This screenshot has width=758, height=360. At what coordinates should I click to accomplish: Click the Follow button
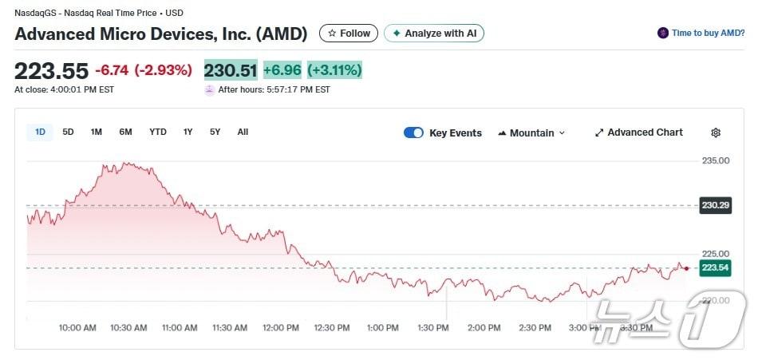(x=349, y=34)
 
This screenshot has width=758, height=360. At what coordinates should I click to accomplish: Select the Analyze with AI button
(x=434, y=34)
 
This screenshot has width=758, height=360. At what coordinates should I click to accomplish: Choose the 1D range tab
(x=39, y=132)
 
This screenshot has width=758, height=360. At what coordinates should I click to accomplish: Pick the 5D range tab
(x=68, y=132)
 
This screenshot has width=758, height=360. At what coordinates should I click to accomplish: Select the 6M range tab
(x=125, y=132)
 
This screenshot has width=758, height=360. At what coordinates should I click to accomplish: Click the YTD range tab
(x=158, y=132)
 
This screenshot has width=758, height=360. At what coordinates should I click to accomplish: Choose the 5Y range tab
(x=215, y=132)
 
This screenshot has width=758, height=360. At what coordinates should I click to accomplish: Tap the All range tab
(x=243, y=132)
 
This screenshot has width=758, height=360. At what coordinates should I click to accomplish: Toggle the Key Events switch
(x=413, y=133)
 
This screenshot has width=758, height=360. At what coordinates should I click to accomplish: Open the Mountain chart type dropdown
(x=531, y=133)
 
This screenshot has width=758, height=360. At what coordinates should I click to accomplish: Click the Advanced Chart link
(x=639, y=133)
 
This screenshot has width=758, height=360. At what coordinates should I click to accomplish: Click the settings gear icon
(x=716, y=133)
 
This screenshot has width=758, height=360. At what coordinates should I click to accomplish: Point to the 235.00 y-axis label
(x=716, y=160)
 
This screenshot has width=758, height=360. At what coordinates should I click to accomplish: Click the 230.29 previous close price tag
(x=716, y=205)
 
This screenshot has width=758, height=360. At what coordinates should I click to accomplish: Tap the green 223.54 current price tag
(x=716, y=267)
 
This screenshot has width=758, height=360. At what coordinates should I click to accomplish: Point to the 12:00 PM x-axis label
(x=281, y=328)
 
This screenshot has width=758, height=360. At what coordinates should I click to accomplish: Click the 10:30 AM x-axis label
(x=128, y=328)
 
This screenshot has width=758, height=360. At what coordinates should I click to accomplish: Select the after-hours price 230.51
(x=231, y=70)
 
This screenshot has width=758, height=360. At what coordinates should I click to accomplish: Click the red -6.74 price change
(x=112, y=70)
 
